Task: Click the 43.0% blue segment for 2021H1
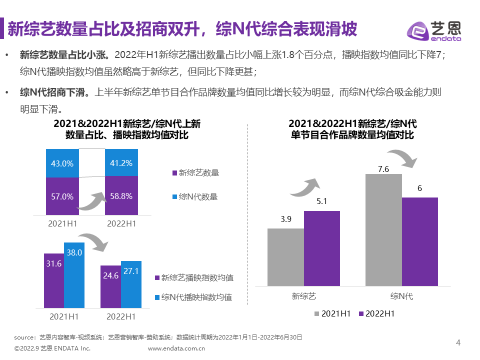[62, 163]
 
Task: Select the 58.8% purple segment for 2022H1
[121, 196]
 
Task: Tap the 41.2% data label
[121, 162]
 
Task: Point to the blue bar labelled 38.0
[74, 275]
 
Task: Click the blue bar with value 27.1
[131, 284]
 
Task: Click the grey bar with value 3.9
[285, 257]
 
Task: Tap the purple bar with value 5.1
[321, 248]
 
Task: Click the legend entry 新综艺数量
[195, 173]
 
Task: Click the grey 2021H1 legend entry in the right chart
[332, 313]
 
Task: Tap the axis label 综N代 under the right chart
[401, 296]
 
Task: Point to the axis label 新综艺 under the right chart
[304, 296]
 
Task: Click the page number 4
[458, 342]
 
